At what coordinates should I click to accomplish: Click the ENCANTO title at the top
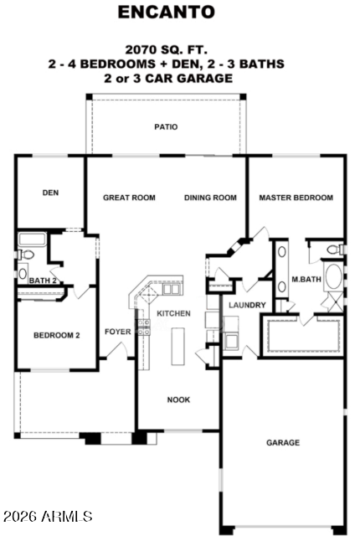[167, 13]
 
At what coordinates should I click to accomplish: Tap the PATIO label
[166, 127]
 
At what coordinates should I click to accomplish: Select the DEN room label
[50, 193]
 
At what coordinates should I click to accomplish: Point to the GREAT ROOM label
[129, 198]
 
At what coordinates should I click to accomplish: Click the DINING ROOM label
[210, 198]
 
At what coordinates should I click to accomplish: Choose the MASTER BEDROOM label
[296, 198]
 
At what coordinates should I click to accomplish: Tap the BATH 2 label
[43, 281]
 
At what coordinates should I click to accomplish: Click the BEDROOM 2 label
[57, 335]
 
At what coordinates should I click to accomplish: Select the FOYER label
[118, 332]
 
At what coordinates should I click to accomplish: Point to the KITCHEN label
[174, 313]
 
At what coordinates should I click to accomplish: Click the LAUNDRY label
[247, 305]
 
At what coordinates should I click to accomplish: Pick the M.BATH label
[306, 279]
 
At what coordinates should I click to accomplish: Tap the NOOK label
[178, 399]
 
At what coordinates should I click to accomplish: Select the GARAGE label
[283, 442]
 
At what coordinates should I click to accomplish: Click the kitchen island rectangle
[178, 347]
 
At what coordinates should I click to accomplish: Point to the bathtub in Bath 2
[33, 240]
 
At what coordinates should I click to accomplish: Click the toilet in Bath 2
[26, 255]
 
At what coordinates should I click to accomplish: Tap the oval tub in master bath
[334, 276]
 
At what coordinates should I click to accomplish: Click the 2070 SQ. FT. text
[167, 49]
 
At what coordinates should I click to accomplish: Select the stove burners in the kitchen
[144, 327]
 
